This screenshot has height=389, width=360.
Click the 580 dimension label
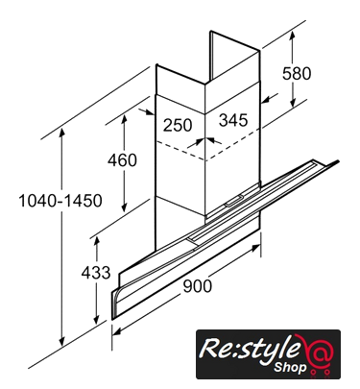coord(297,73)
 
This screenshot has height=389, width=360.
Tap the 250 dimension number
coord(178,125)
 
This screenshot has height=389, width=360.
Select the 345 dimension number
coord(233,120)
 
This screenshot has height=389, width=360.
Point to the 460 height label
coord(122,160)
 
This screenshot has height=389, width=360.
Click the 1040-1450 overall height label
coord(60,201)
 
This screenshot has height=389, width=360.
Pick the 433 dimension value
coord(96,273)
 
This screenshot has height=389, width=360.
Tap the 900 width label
coord(198,286)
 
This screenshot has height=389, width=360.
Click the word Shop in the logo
coord(290,367)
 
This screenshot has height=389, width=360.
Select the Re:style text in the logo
coord(250,349)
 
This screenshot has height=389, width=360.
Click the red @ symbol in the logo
coord(320,353)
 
